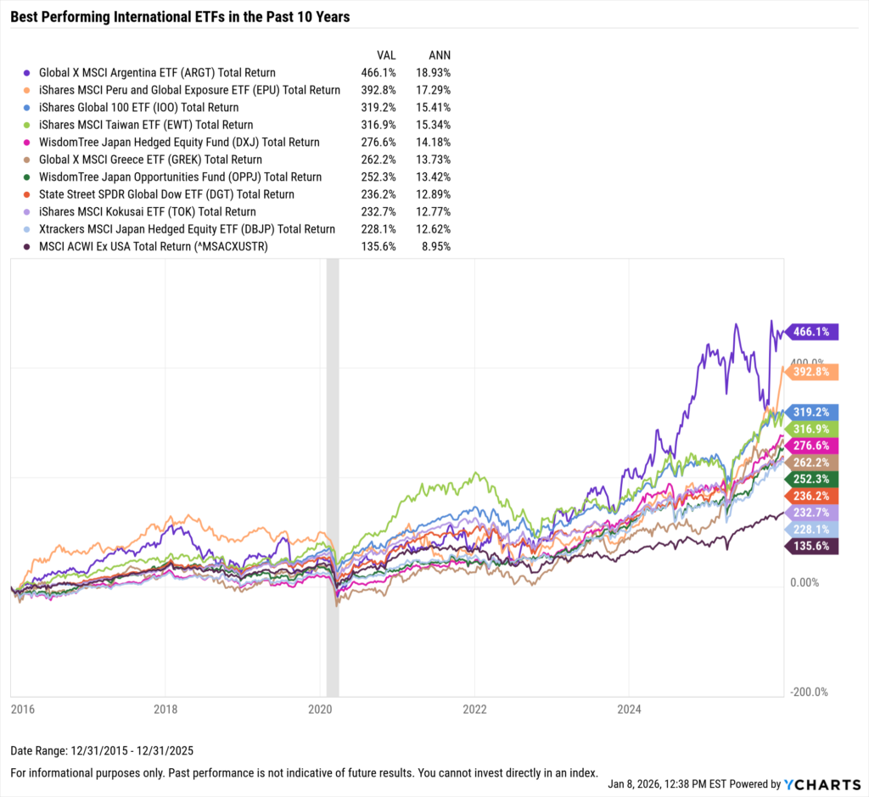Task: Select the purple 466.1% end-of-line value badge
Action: pyautogui.click(x=813, y=332)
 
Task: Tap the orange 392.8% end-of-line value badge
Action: pyautogui.click(x=813, y=372)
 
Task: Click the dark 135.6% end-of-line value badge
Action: pyautogui.click(x=813, y=547)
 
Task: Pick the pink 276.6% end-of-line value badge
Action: pyautogui.click(x=813, y=446)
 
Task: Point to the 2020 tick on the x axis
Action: pyautogui.click(x=319, y=708)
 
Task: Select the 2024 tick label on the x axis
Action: pyautogui.click(x=629, y=708)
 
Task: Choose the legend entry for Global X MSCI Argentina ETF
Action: pyautogui.click(x=157, y=73)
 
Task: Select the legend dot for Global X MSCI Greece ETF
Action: pyautogui.click(x=29, y=160)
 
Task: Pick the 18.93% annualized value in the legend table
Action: pyautogui.click(x=433, y=73)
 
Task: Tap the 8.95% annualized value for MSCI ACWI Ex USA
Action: pyautogui.click(x=435, y=246)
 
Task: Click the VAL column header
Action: pyautogui.click(x=386, y=55)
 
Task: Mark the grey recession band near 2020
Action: pyautogui.click(x=333, y=475)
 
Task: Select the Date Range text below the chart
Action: pyautogui.click(x=102, y=752)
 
